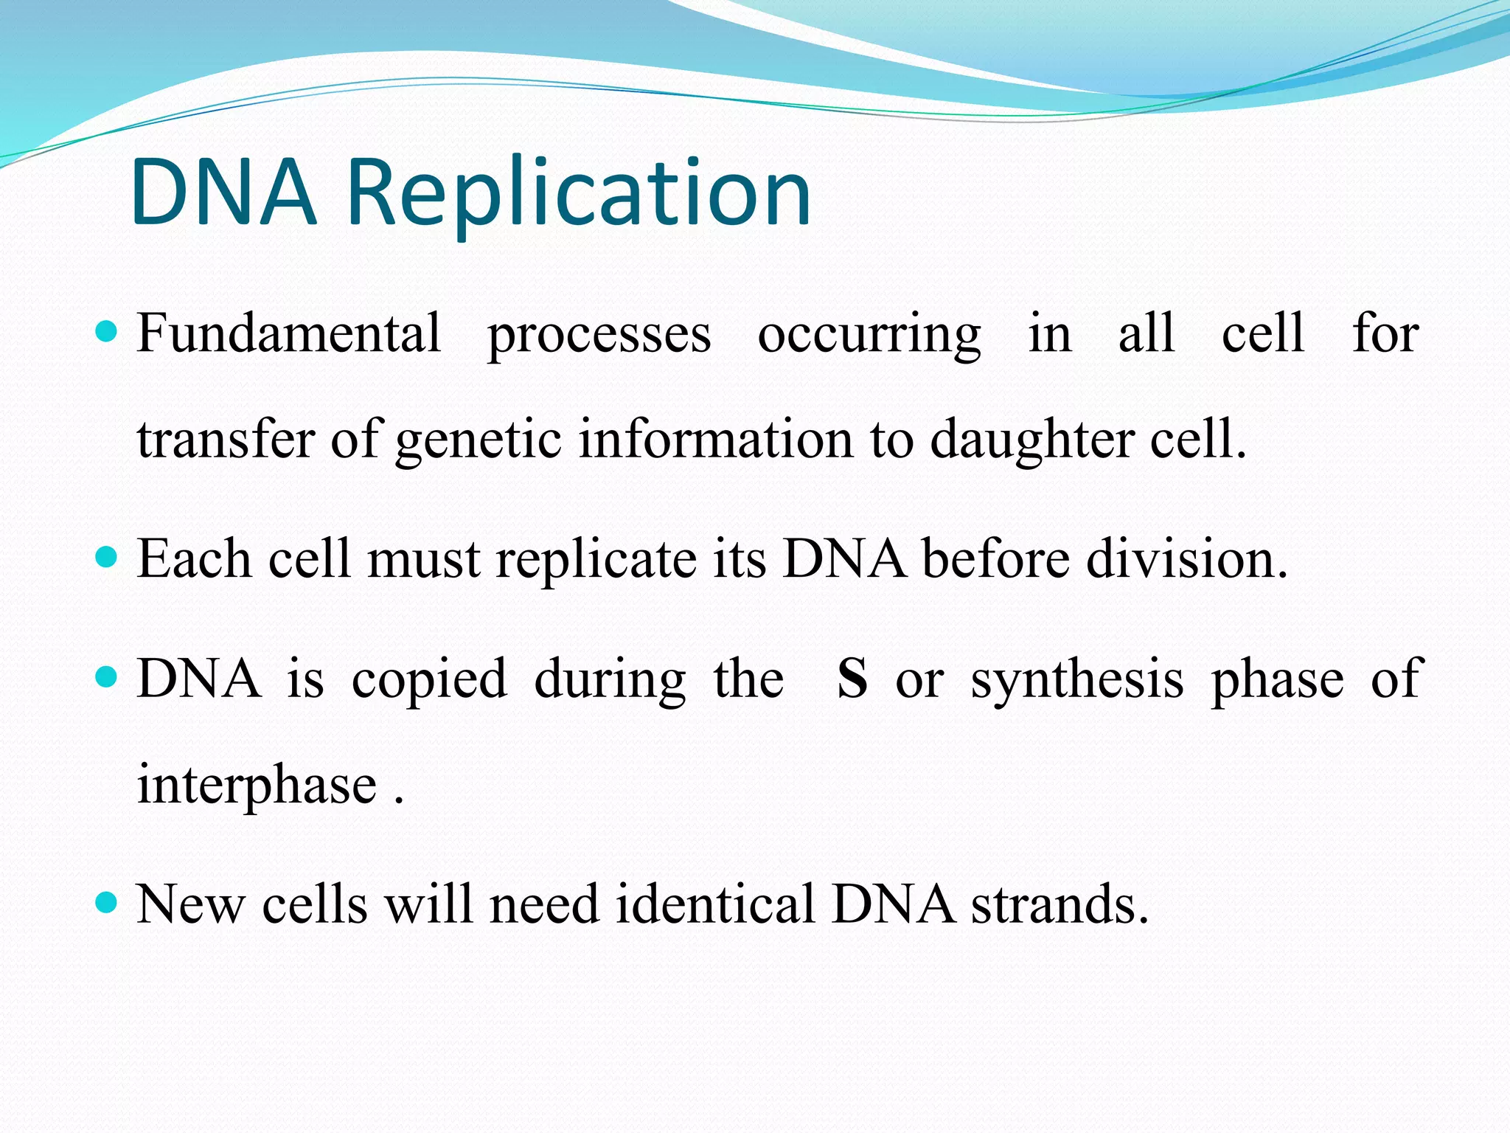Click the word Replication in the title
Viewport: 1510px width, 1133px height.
[x=579, y=193]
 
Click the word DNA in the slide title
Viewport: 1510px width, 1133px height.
[x=223, y=193]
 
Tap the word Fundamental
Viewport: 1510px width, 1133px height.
[x=289, y=333]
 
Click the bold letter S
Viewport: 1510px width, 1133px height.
[x=852, y=679]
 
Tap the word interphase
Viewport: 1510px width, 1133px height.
[x=257, y=786]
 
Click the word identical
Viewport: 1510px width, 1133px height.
[x=715, y=904]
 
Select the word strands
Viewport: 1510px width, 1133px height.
[x=1060, y=904]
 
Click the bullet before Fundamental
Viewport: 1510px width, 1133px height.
[x=108, y=331]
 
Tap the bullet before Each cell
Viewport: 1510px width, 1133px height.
[x=108, y=556]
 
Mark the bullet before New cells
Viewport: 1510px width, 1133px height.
[x=108, y=901]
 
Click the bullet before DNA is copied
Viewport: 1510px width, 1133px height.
[x=108, y=676]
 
